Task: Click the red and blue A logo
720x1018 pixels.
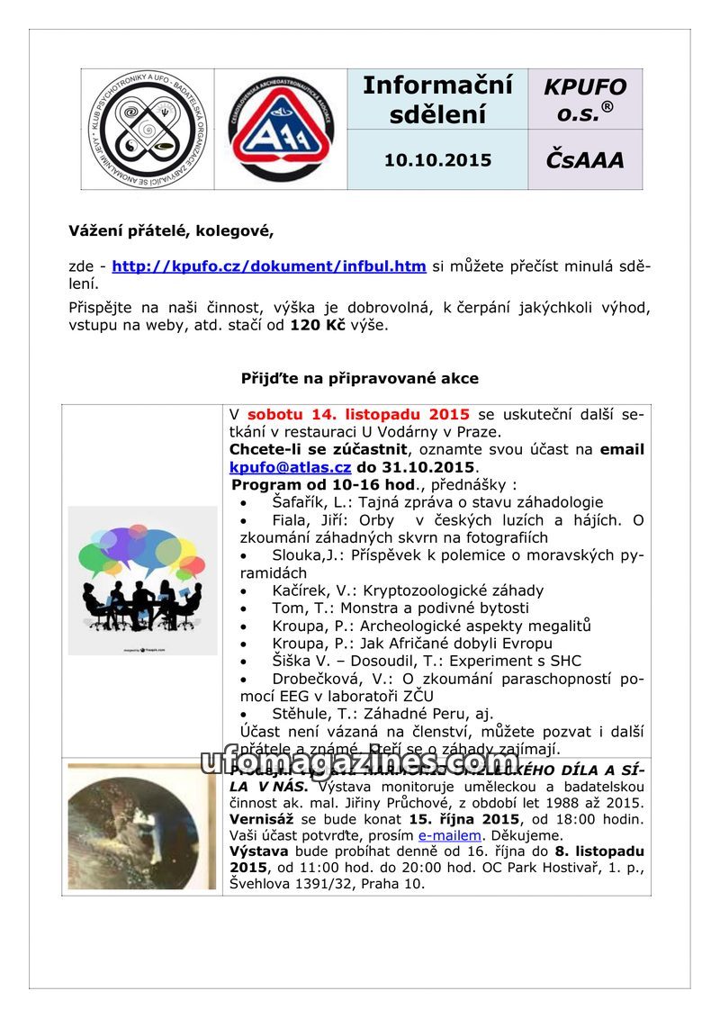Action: point(281,129)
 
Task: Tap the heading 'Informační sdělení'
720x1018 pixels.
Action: point(437,99)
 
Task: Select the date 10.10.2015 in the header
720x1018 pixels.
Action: point(437,160)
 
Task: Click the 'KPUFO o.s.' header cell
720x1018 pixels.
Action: point(585,99)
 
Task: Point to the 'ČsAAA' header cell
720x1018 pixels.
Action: point(585,160)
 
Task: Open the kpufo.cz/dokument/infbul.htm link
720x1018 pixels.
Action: point(269,266)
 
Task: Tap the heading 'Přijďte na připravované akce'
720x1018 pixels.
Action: point(360,379)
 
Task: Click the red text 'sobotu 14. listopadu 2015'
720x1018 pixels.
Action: point(358,415)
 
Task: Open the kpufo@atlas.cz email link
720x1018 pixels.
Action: point(290,467)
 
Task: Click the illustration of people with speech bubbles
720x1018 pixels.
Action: point(143,581)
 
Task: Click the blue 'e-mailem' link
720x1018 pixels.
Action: point(449,835)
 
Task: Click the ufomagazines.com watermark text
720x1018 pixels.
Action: point(360,762)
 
